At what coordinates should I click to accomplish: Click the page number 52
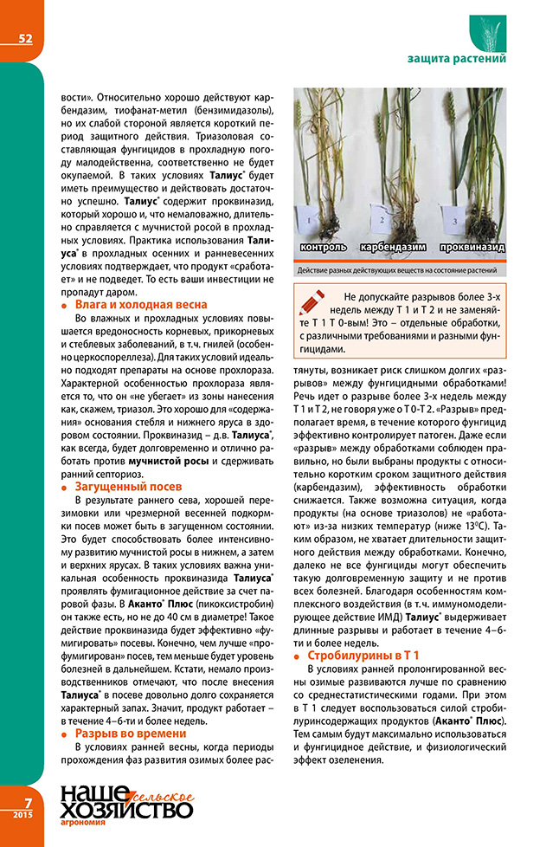(24, 37)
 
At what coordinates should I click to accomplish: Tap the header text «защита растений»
(456, 59)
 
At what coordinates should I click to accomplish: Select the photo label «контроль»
(324, 247)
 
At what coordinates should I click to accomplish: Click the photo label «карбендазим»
(393, 247)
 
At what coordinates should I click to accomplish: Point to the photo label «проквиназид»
(472, 247)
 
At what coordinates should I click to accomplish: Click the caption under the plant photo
(402, 271)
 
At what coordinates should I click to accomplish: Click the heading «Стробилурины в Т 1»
(363, 654)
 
